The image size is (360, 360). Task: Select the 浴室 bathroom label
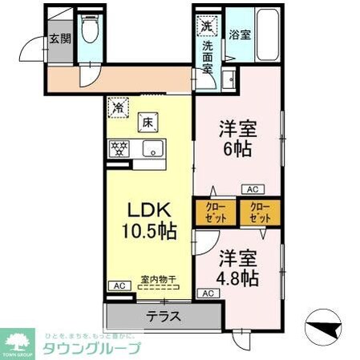[240, 34]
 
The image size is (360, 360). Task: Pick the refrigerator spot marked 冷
[118, 106]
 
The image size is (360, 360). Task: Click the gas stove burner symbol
[121, 148]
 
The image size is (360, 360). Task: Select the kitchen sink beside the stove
[152, 148]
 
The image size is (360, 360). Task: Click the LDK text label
[149, 209]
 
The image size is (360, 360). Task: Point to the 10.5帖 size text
[149, 232]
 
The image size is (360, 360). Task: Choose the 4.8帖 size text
[238, 278]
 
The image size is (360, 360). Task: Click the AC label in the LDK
[118, 285]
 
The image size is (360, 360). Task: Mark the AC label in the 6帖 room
[251, 189]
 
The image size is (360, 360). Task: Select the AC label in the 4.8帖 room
[208, 293]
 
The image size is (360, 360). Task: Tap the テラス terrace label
[163, 316]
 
